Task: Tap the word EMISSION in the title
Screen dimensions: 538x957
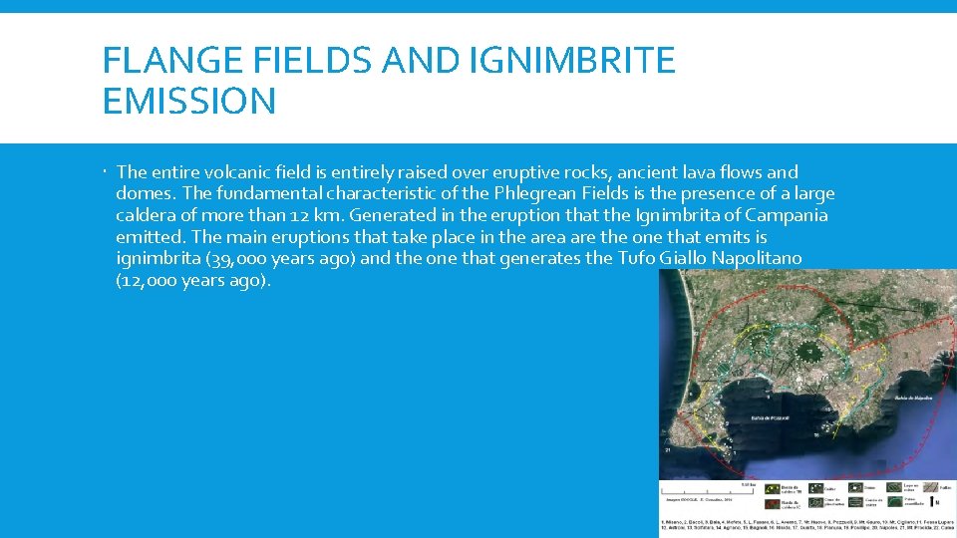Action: [189, 101]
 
